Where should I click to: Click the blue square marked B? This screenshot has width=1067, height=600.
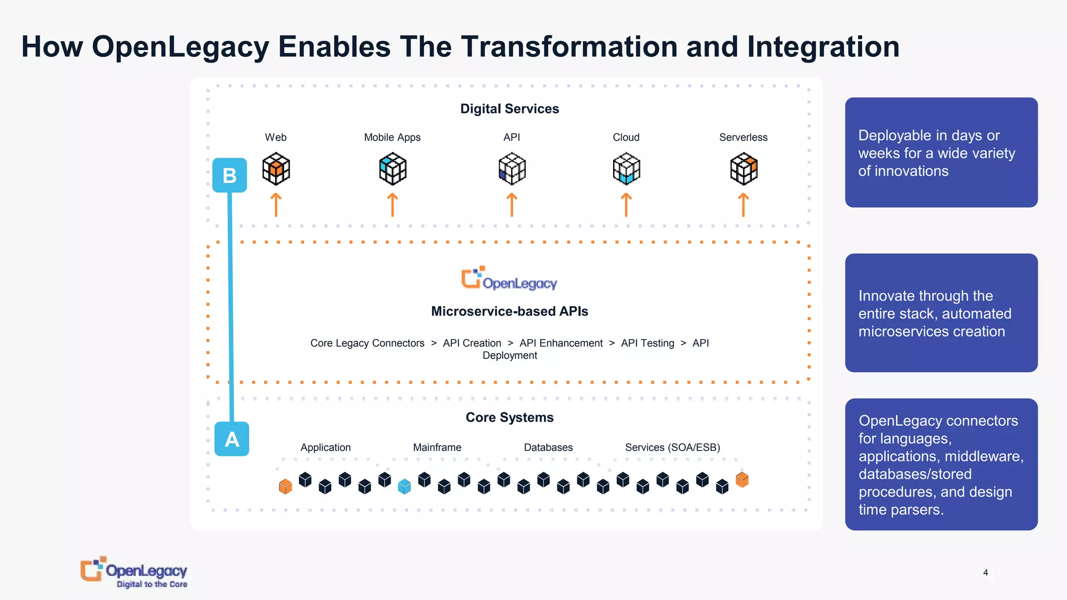[x=230, y=176]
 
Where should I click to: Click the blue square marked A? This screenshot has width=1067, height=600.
[x=232, y=440]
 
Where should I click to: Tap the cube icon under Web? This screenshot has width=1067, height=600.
[x=276, y=169]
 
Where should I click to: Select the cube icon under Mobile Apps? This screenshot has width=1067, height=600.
[x=393, y=169]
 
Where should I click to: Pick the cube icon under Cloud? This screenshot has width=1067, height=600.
[x=626, y=169]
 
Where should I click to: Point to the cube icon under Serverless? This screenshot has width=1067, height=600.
[x=744, y=169]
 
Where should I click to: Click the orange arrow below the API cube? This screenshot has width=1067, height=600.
[x=512, y=205]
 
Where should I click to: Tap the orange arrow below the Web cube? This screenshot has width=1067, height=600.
[x=276, y=205]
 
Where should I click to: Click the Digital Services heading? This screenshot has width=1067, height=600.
[x=510, y=109]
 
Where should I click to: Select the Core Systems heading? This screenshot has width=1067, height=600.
[x=510, y=418]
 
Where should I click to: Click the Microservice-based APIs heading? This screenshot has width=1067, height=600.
[x=510, y=311]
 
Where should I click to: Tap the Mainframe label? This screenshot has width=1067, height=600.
[x=437, y=447]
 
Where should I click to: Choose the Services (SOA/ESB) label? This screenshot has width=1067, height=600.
[x=673, y=447]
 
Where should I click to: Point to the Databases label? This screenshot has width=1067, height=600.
[x=548, y=447]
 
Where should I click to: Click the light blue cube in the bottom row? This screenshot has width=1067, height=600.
[x=404, y=486]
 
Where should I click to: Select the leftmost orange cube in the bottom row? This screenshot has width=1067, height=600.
[x=286, y=486]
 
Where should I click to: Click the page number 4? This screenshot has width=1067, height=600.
[x=985, y=573]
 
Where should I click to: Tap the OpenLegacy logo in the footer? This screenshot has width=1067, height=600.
[x=134, y=572]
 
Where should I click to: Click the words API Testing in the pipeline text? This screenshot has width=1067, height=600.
[x=648, y=343]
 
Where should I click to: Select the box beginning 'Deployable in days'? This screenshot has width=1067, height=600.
[x=941, y=153]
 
